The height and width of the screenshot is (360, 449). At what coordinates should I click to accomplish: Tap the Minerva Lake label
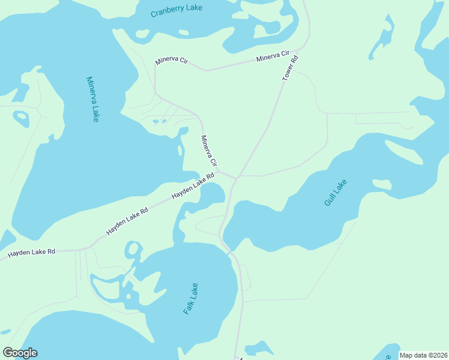(92, 99)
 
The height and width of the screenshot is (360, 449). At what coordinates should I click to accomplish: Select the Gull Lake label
(336, 193)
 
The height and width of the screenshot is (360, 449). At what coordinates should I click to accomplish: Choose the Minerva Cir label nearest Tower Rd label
(273, 58)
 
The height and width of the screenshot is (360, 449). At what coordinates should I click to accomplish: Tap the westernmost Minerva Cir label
(171, 61)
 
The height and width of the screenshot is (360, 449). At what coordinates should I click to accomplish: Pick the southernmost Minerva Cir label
(208, 151)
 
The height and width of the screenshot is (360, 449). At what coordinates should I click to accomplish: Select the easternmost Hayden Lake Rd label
(193, 187)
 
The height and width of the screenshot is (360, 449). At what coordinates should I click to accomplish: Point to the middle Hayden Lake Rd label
(127, 221)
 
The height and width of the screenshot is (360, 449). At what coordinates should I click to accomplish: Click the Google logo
(20, 353)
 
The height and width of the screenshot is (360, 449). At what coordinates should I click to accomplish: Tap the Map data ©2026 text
(423, 355)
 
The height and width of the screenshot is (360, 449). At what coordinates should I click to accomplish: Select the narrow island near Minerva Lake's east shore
(179, 150)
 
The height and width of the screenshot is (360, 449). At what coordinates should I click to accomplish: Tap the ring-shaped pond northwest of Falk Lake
(133, 250)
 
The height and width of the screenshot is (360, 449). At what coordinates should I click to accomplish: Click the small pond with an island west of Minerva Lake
(21, 118)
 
